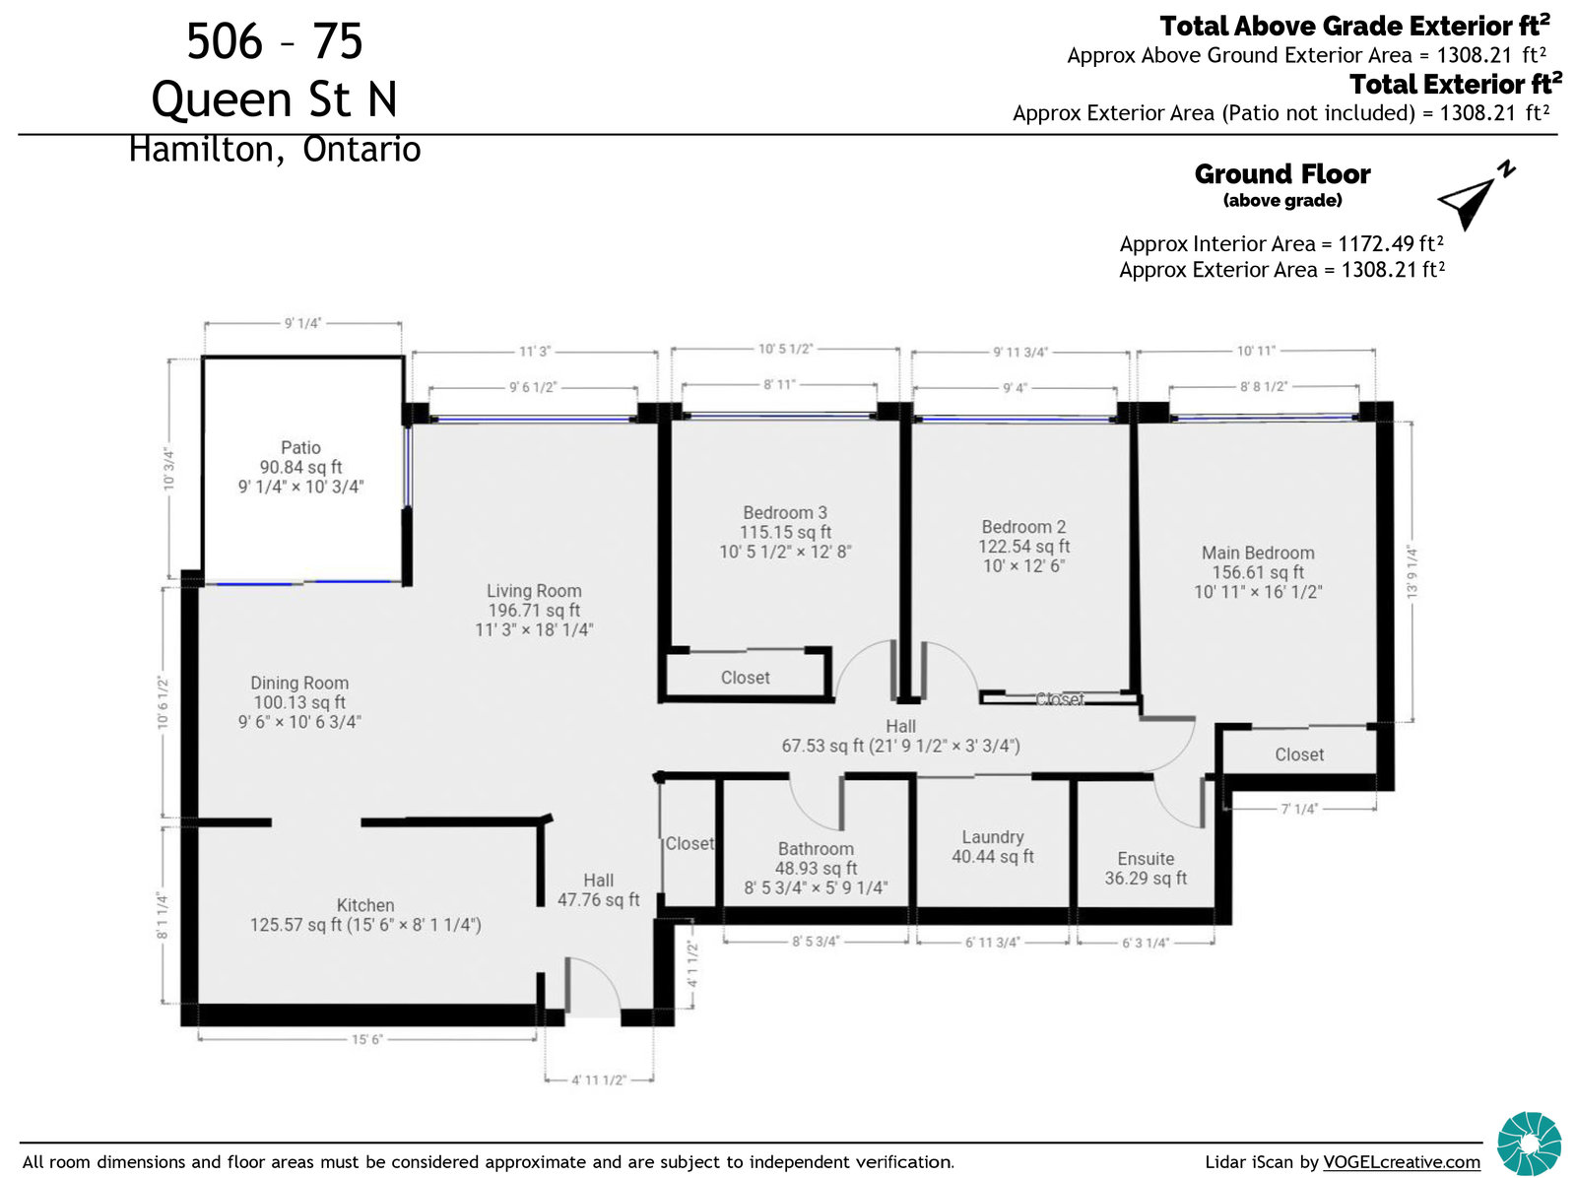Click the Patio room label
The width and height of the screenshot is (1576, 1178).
click(x=300, y=447)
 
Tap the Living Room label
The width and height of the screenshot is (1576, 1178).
click(x=534, y=590)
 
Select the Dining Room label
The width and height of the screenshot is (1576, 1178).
click(x=299, y=682)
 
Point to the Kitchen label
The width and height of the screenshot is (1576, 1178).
click(x=364, y=904)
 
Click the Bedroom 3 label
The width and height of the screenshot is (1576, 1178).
click(x=785, y=512)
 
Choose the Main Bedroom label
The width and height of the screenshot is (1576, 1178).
click(x=1258, y=552)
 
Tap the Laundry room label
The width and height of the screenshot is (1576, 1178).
click(x=992, y=837)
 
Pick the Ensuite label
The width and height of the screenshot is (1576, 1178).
click(x=1146, y=858)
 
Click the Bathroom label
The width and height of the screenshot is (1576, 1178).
click(x=816, y=848)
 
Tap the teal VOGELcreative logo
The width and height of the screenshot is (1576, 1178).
click(x=1529, y=1143)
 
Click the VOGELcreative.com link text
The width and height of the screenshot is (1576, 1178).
click(x=1401, y=1161)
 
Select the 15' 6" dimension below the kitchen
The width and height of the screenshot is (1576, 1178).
click(x=366, y=1039)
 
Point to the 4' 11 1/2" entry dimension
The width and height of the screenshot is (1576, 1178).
click(x=598, y=1080)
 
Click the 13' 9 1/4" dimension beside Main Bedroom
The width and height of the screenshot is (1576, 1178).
click(x=1412, y=571)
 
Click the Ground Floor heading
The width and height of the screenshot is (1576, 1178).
click(x=1281, y=173)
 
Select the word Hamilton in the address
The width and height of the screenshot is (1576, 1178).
click(x=201, y=150)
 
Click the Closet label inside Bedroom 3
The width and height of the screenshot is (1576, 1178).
click(x=745, y=677)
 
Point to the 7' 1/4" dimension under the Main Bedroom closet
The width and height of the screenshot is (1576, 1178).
click(x=1299, y=809)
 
